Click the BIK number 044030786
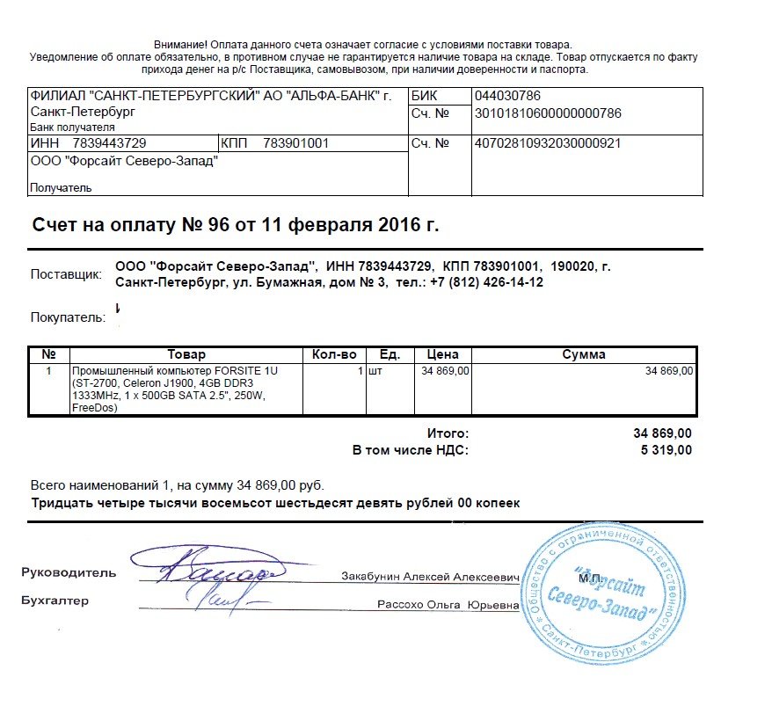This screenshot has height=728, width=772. (x=506, y=95)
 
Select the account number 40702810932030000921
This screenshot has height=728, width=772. (x=547, y=143)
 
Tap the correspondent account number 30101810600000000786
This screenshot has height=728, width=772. (x=547, y=113)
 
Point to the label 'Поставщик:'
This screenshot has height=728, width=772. (x=66, y=273)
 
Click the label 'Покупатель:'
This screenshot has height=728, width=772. (x=68, y=317)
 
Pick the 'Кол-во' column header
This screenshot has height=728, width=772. (x=334, y=354)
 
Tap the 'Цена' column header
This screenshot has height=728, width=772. (x=442, y=354)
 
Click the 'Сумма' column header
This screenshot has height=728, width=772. (x=584, y=354)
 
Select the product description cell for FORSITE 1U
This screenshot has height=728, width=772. (x=176, y=389)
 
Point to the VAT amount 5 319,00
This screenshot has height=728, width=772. (x=662, y=450)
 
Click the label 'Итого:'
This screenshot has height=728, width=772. (x=448, y=433)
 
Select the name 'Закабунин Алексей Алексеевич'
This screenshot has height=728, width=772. (x=430, y=577)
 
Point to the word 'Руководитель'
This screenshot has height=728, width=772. (x=69, y=572)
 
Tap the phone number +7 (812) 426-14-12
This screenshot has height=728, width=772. (x=486, y=282)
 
